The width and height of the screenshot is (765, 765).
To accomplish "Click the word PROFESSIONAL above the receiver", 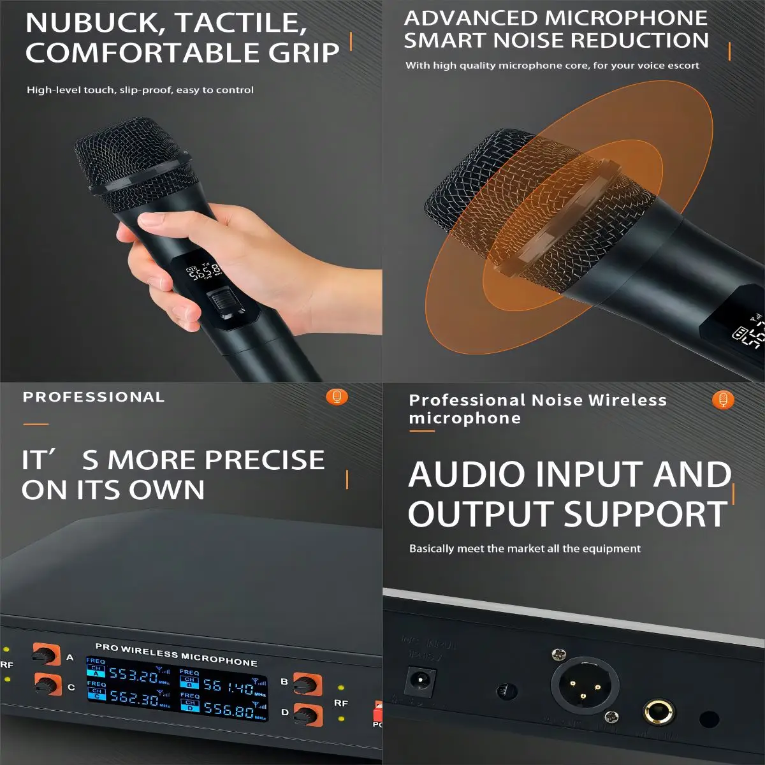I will pyautogui.click(x=94, y=397).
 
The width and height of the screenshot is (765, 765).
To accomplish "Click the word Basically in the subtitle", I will pyautogui.click(x=432, y=549).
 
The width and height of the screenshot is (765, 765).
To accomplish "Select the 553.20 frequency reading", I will pyautogui.click(x=133, y=674).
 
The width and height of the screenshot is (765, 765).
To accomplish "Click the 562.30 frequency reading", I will pyautogui.click(x=133, y=697).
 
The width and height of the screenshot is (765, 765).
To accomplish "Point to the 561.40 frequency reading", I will pyautogui.click(x=228, y=687).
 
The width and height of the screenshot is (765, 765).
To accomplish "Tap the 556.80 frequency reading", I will pyautogui.click(x=229, y=709).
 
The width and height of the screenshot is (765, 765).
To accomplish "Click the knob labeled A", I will pyautogui.click(x=46, y=654).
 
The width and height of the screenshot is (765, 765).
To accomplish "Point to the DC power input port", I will pyautogui.click(x=421, y=681).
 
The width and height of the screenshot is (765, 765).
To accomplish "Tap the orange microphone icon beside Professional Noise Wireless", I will pyautogui.click(x=723, y=400).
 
